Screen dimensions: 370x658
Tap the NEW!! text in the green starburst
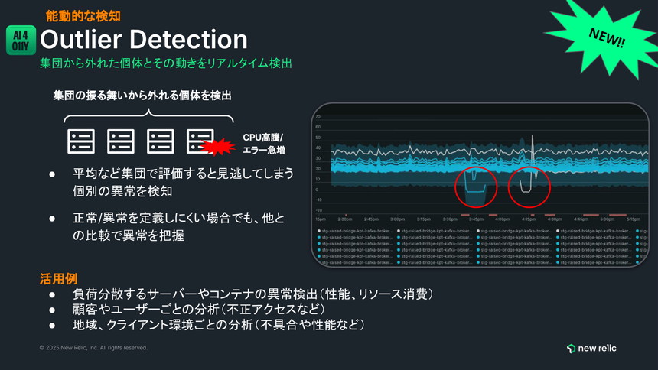[x=607, y=37]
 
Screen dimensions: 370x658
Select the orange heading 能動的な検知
[x=83, y=15]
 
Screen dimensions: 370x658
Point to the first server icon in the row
[x=81, y=141]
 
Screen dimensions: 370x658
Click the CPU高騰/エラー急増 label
[x=263, y=143]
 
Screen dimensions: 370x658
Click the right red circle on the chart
[x=529, y=186]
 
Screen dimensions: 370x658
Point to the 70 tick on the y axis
[x=318, y=117]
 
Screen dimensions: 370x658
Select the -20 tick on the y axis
[x=318, y=209]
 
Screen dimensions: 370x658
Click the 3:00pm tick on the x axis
[x=398, y=219]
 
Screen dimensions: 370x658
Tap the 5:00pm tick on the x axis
[x=608, y=219]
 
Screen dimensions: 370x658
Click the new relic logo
[x=591, y=349]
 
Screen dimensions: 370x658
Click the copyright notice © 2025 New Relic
[x=93, y=348]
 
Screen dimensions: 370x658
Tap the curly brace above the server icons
[x=147, y=115]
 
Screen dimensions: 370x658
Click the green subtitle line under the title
[x=166, y=64]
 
